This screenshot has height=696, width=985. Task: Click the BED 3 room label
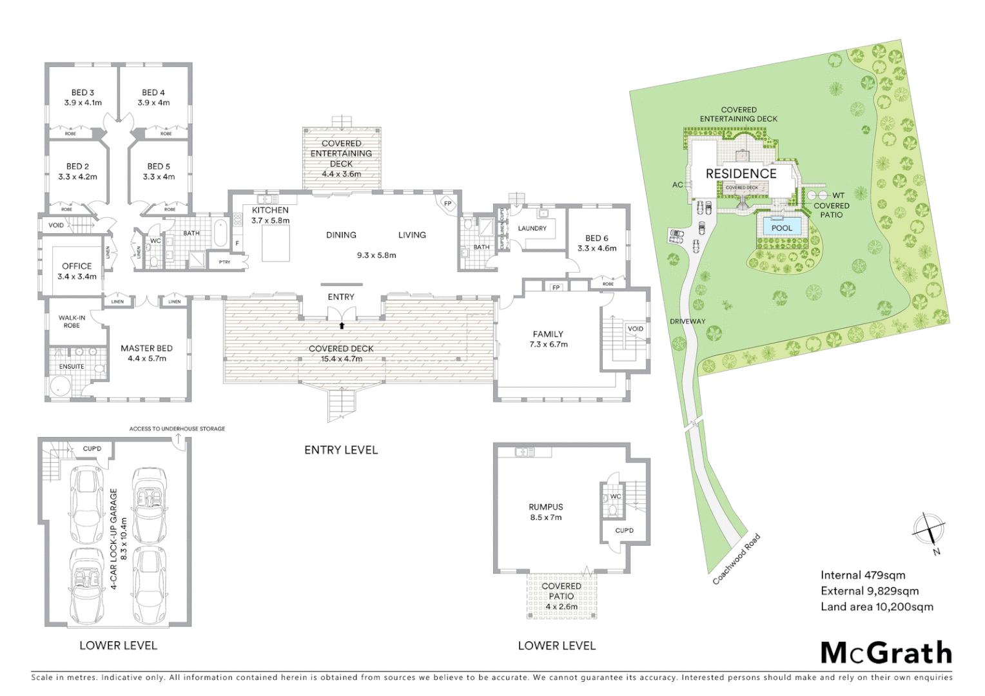83,93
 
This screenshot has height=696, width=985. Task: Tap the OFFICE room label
77,266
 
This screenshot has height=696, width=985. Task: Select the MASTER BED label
146,348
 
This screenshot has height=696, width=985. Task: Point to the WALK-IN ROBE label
72,322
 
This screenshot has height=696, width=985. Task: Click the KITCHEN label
270,210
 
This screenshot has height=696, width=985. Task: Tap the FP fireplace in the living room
448,204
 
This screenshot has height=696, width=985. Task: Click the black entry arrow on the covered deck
341,326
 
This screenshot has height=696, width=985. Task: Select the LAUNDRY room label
532,228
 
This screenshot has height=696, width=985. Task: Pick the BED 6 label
596,238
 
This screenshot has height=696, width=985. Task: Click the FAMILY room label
548,334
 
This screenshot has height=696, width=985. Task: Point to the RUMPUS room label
546,507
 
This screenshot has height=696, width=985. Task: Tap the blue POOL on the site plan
781,227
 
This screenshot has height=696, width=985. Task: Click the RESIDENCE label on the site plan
741,173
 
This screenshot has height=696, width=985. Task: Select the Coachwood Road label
736,559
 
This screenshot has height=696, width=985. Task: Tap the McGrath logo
886,653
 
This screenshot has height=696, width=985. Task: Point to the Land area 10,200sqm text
877,606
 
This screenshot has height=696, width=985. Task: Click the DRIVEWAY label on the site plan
687,321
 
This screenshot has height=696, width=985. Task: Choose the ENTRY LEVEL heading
341,450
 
